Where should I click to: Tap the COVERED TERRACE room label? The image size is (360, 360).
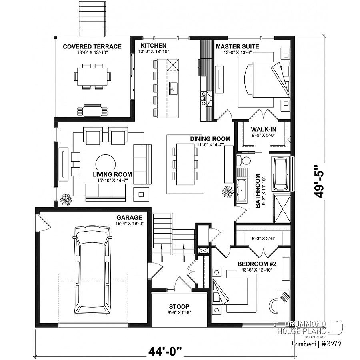[x=92, y=46]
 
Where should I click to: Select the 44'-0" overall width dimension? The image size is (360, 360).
[x=165, y=351]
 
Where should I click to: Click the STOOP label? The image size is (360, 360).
[x=179, y=296]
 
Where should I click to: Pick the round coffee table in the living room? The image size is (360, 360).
[x=106, y=164]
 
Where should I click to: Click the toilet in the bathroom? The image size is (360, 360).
[x=243, y=161]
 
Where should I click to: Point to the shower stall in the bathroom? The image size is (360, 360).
[x=282, y=208]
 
